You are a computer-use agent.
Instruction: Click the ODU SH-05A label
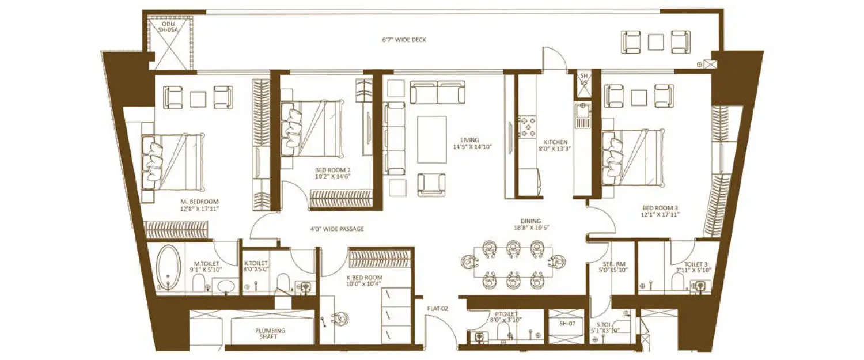[169, 27]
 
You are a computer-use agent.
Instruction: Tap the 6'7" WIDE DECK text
[404, 40]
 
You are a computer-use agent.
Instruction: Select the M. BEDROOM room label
[200, 205]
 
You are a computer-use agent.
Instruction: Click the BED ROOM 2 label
[333, 173]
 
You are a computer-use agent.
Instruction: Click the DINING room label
[530, 224]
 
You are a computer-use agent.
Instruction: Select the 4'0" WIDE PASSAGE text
[337, 229]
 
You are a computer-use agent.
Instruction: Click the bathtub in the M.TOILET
[168, 267]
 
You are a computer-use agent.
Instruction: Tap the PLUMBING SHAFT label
[271, 334]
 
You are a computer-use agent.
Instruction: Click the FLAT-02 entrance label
[437, 309]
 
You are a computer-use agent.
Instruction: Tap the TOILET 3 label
[694, 266]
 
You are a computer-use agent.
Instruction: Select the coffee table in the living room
[432, 139]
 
